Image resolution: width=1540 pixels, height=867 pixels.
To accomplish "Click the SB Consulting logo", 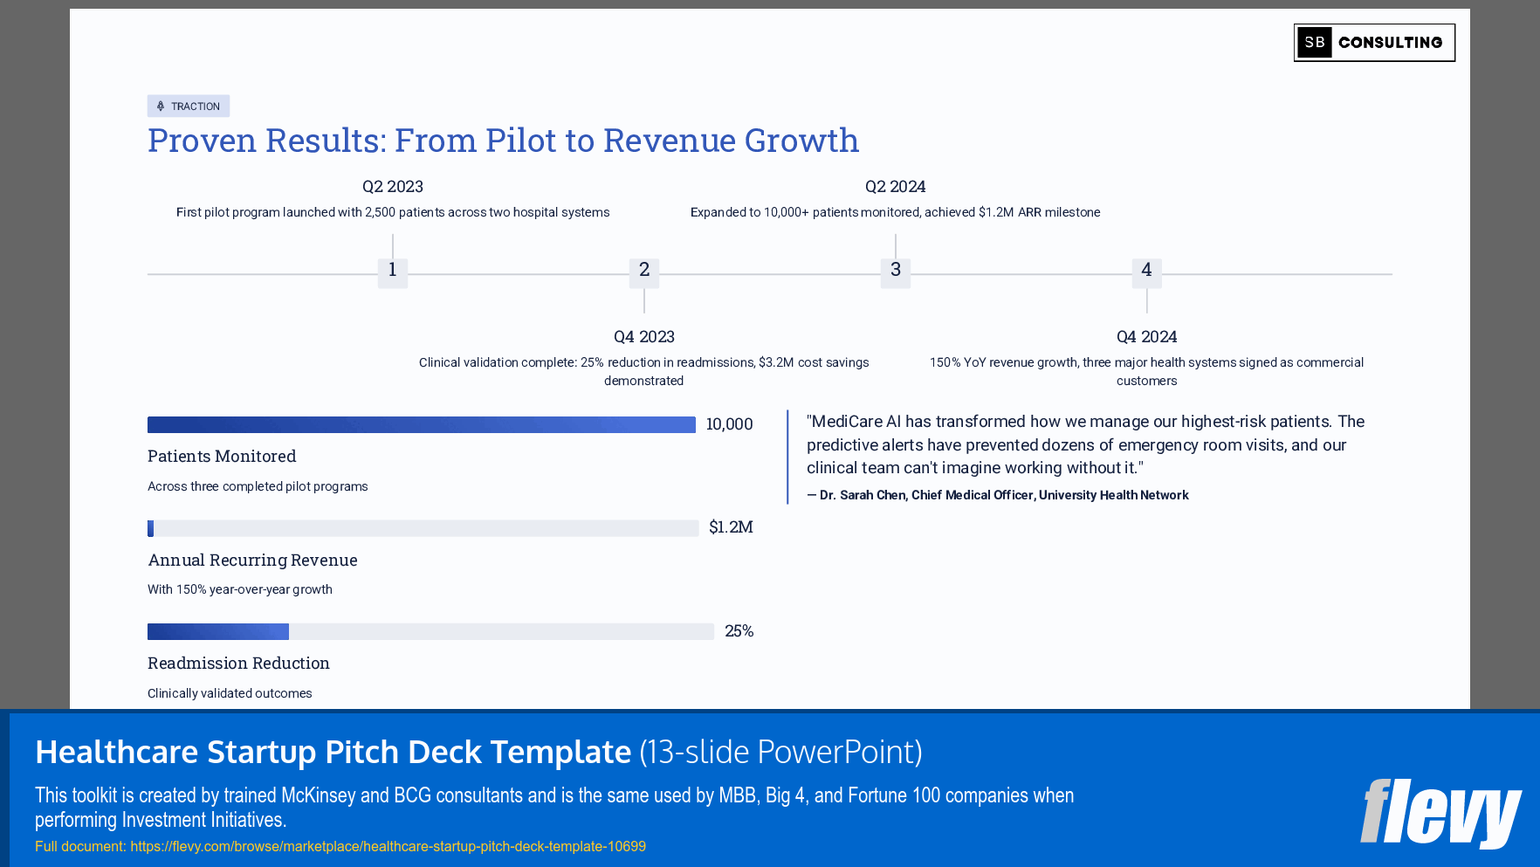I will pyautogui.click(x=1373, y=43).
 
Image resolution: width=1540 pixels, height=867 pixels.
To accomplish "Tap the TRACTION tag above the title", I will pyautogui.click(x=189, y=107).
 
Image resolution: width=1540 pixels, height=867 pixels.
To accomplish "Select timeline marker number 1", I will pyautogui.click(x=393, y=271).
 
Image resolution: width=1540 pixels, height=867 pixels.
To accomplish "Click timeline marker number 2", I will pyautogui.click(x=644, y=271).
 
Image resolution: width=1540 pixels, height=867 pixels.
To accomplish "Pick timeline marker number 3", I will pyautogui.click(x=896, y=271).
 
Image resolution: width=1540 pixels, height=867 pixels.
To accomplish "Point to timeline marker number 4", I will pyautogui.click(x=1146, y=271).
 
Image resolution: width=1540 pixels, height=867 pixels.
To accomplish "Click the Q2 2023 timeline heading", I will pyautogui.click(x=393, y=187).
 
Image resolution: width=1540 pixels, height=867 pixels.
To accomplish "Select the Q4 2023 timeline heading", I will pyautogui.click(x=644, y=337).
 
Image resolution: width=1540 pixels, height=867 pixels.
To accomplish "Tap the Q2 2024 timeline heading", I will pyautogui.click(x=895, y=187).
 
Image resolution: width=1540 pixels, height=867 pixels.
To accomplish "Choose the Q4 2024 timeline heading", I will pyautogui.click(x=1146, y=337).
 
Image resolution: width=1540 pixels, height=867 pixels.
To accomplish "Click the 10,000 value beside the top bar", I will pyautogui.click(x=729, y=424).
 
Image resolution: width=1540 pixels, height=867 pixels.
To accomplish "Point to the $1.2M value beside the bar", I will pyautogui.click(x=731, y=527).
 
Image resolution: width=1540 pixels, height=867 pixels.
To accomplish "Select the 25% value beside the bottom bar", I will pyautogui.click(x=739, y=631).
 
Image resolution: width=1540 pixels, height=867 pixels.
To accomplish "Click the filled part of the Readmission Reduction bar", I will pyautogui.click(x=218, y=631).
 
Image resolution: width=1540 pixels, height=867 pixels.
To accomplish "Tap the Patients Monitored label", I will pyautogui.click(x=222, y=457).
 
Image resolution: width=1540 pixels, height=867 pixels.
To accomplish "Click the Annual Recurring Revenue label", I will pyautogui.click(x=252, y=561).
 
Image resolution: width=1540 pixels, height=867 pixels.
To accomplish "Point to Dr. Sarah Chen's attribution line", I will pyautogui.click(x=998, y=495).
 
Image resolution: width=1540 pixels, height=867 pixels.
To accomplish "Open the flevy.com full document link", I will pyautogui.click(x=388, y=846).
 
